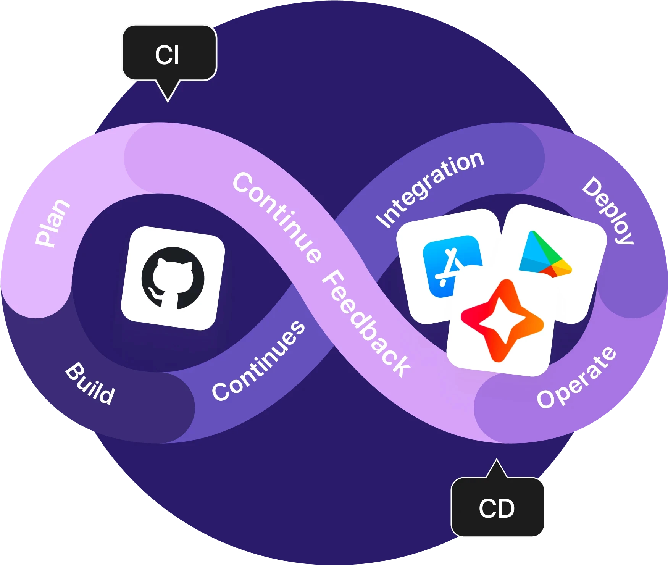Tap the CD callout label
pos(497,508)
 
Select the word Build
pos(90,383)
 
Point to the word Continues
pos(259,361)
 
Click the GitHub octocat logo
pos(173,278)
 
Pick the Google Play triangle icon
pos(544,254)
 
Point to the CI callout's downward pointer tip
pos(168,101)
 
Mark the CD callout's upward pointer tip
pos(496,460)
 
